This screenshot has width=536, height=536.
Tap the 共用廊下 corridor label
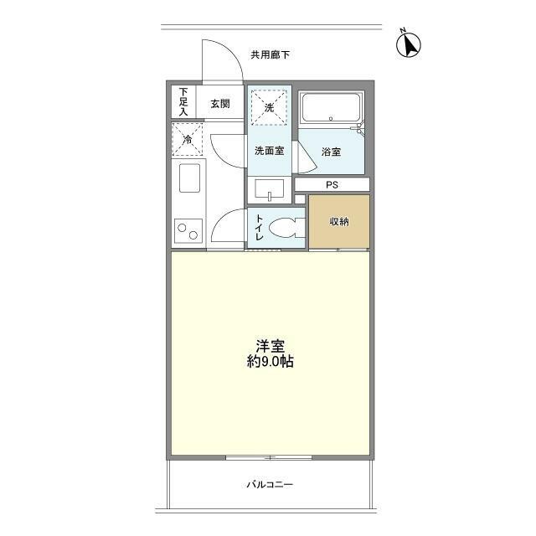(270, 55)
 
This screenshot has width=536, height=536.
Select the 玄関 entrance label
(220, 104)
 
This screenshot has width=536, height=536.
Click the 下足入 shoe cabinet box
(184, 102)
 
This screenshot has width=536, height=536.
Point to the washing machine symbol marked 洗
(269, 107)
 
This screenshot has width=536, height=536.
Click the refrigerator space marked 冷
(188, 139)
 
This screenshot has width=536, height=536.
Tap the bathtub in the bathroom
(331, 110)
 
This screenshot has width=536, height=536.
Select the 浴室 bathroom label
(331, 152)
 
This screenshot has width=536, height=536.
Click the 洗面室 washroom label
(269, 151)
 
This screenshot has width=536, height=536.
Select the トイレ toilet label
(259, 229)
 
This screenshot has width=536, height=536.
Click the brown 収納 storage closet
(338, 222)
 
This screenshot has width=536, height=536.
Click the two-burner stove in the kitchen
(188, 229)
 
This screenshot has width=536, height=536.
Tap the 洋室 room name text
(269, 345)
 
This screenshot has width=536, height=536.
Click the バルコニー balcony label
(269, 485)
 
